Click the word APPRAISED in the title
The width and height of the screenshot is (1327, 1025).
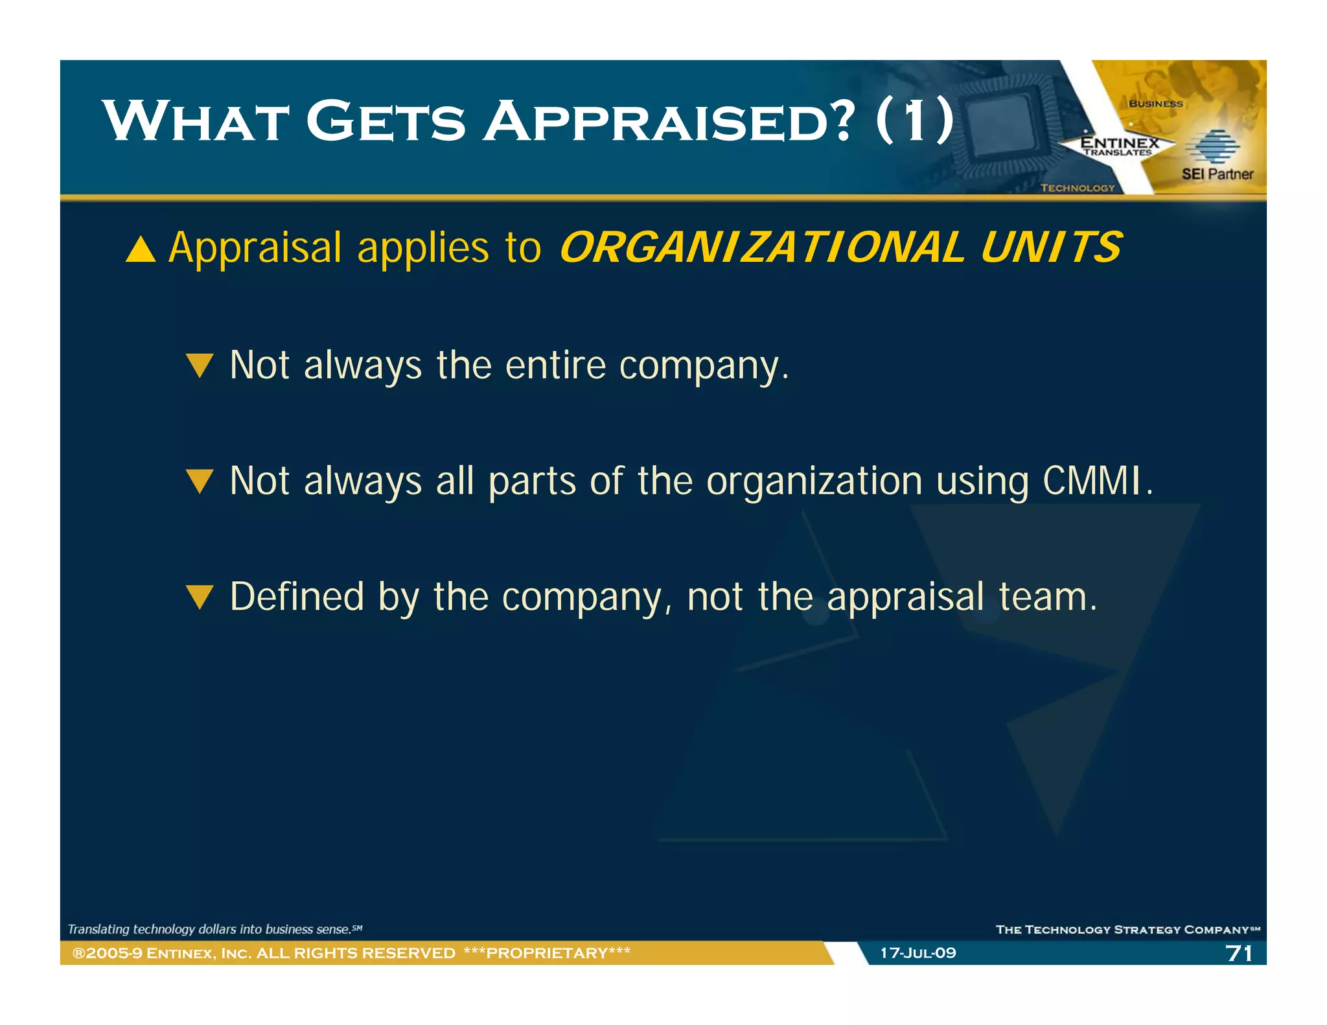667,122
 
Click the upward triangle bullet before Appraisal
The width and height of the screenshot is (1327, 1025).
141,249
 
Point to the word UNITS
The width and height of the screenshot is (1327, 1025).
1050,248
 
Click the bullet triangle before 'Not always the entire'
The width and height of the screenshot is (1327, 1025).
199,365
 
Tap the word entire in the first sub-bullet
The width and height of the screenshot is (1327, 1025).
555,365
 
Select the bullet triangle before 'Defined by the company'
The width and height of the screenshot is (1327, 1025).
199,597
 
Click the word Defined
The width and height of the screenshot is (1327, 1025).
297,597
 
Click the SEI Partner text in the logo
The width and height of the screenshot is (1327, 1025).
1217,174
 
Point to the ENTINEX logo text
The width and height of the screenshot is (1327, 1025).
1120,143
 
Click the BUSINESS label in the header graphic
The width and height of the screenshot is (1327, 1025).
1155,104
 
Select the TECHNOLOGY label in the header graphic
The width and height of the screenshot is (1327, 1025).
1077,188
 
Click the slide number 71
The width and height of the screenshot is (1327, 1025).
1238,953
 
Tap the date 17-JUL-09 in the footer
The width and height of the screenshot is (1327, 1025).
917,953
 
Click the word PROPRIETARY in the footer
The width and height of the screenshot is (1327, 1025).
547,953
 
